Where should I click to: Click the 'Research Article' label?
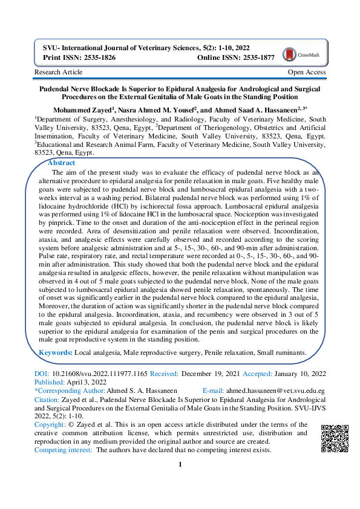[59, 73]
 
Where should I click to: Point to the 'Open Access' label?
[306, 73]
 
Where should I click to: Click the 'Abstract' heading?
[61, 163]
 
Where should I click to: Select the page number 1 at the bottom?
[180, 465]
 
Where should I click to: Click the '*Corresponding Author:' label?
[70, 392]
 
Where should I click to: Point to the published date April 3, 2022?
[85, 383]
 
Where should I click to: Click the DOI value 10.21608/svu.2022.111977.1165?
[100, 375]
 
